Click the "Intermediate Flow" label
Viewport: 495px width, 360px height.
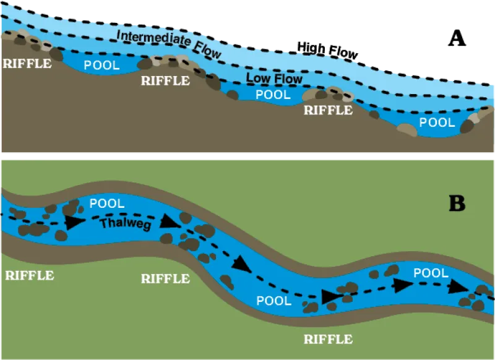[168, 44]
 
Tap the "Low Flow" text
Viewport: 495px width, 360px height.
[274, 79]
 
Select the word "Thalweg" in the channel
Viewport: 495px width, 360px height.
[125, 224]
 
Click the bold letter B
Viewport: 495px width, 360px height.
[457, 204]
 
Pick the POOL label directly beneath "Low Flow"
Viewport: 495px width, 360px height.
[273, 95]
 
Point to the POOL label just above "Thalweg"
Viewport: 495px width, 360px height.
[107, 203]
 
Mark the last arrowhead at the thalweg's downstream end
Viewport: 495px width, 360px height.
[458, 286]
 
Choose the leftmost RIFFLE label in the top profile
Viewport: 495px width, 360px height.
[27, 63]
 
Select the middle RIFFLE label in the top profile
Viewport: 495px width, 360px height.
[165, 80]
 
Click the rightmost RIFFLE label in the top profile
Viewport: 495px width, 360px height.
[328, 111]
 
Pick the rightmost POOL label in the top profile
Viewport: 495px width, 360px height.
[437, 122]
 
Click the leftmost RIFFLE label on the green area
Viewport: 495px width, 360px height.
[29, 275]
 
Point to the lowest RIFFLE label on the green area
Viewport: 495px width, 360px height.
[328, 339]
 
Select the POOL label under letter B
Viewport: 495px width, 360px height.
[431, 273]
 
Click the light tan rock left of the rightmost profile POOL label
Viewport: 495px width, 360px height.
[407, 130]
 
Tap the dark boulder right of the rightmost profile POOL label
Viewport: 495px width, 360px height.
[467, 126]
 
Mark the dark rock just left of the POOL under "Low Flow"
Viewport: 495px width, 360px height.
[233, 95]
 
